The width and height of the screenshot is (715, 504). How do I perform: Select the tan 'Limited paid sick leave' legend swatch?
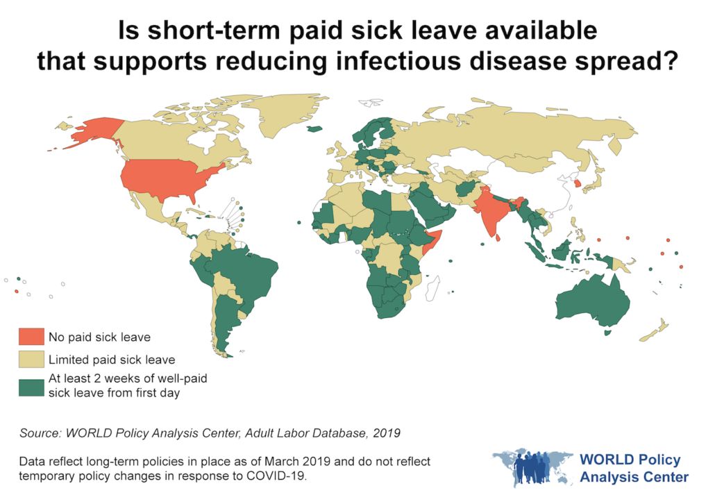[31, 360]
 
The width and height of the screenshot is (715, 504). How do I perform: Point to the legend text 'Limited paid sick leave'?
[111, 360]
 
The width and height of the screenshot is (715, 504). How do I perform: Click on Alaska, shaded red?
[90, 132]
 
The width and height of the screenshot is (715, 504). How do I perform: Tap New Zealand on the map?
[656, 330]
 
